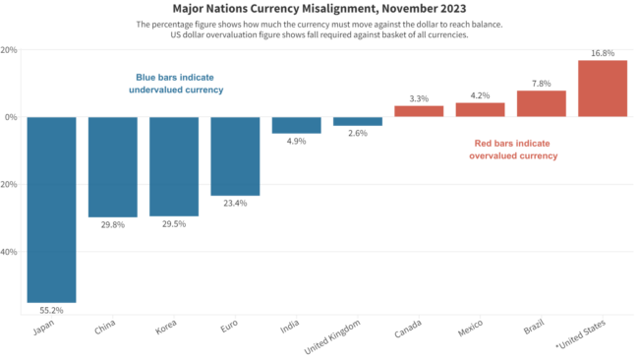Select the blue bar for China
click(112, 166)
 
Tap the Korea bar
click(173, 166)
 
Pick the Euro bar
click(235, 155)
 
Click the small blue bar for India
click(296, 125)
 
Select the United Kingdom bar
click(358, 121)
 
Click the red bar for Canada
click(419, 111)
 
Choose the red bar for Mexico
click(480, 109)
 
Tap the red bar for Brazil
click(542, 103)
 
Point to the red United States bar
click(603, 89)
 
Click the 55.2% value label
click(51, 309)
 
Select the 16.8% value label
click(603, 53)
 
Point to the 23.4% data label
click(235, 203)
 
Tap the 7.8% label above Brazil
click(542, 84)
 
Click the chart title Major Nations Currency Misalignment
click(319, 8)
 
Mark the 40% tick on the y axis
click(9, 251)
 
